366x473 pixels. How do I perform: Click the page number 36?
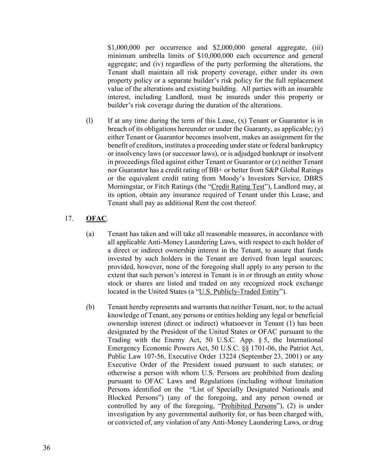[46, 448]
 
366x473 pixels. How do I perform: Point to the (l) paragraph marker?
[90, 121]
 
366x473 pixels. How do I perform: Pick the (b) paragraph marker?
[90, 307]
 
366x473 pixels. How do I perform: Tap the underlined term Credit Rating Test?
[238, 187]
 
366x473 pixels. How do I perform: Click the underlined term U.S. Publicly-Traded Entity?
[239, 292]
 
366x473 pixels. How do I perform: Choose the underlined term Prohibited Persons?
[249, 406]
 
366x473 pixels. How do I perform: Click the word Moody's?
[242, 178]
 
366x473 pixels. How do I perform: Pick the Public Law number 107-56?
[151, 357]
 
